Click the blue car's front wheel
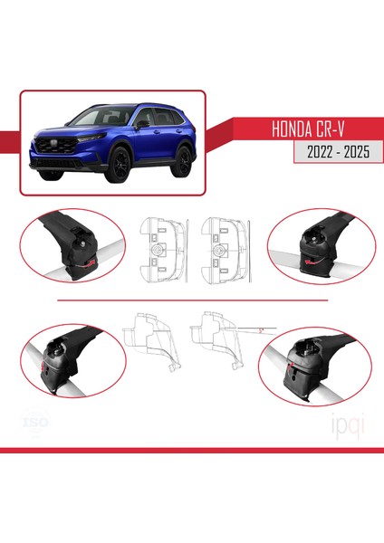pos(117,166)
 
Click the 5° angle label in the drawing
pos(260,330)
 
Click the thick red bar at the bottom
pos(192,449)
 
